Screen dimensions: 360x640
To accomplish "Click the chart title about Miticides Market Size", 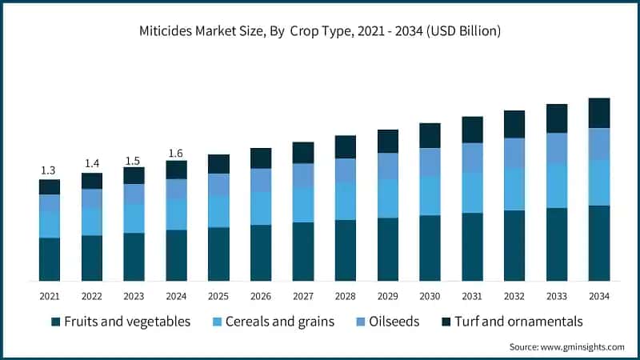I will (x=320, y=31).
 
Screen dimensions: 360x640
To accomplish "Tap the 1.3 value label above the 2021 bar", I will (x=50, y=170).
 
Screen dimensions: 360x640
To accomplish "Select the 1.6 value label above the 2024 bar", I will (x=176, y=152).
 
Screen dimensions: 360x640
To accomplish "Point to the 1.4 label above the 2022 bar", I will (x=92, y=164).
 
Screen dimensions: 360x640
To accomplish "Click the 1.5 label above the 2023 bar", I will (x=134, y=158).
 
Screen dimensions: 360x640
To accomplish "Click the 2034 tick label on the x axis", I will (x=598, y=296).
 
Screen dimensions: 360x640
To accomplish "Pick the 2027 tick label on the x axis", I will (x=302, y=296).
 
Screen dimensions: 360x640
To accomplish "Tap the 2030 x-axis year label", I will (x=430, y=296).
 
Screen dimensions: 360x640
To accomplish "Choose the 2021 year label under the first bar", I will (x=50, y=296).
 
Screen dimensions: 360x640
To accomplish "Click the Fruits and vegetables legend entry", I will (x=120, y=322).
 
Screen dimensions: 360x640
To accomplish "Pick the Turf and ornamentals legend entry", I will (x=512, y=322).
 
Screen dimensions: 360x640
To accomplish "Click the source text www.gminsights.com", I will (x=567, y=346).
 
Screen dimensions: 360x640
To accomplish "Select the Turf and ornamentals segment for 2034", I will (x=599, y=113).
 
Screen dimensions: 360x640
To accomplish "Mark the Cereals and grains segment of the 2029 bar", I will (x=387, y=198).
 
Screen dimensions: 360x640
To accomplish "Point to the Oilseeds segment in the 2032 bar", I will (x=514, y=153).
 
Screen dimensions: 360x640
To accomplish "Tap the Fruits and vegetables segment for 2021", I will (x=50, y=258).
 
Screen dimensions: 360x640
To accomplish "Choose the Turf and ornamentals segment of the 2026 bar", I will (x=261, y=158).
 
